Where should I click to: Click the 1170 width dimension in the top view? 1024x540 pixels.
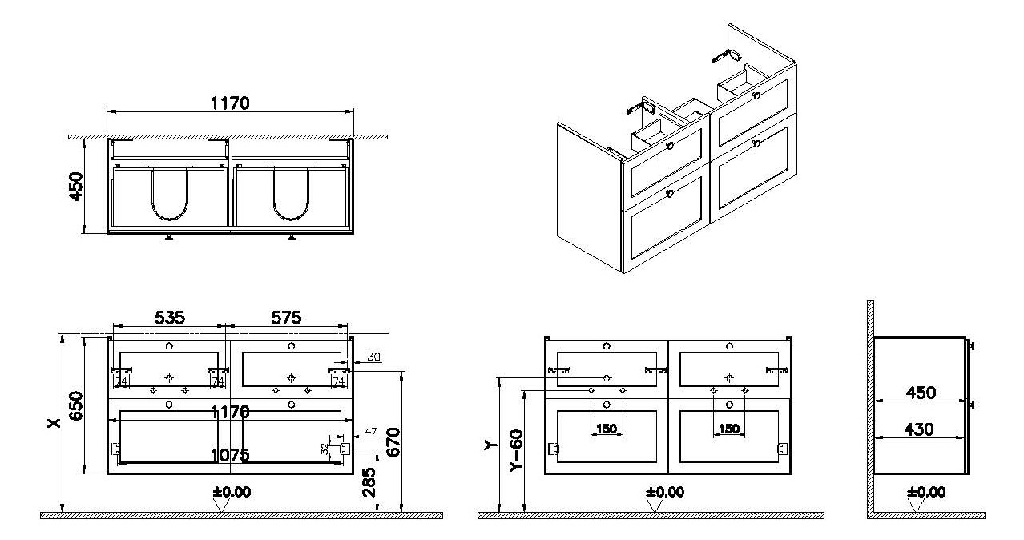coord(231,103)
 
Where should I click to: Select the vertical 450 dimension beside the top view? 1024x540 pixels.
coord(77,186)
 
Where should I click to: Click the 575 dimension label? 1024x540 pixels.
coord(285,318)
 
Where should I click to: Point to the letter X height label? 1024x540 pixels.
coord(53,424)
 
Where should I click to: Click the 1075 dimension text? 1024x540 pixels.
coord(231,455)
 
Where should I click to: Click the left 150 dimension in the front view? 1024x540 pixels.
coord(607,429)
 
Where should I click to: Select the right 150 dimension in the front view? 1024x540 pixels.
coord(729,429)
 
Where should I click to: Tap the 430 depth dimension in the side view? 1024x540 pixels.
coord(919,430)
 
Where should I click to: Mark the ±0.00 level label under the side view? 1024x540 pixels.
coord(925,492)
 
